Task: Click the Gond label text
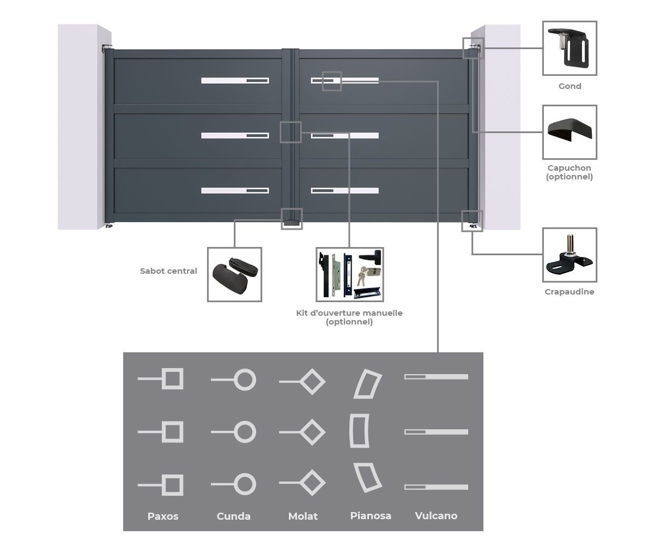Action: click(x=570, y=86)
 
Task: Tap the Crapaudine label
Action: click(x=569, y=292)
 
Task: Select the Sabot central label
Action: click(x=168, y=271)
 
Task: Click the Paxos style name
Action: click(x=163, y=516)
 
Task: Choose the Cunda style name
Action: click(x=234, y=516)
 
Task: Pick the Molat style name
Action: click(x=303, y=516)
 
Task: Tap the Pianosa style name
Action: click(x=371, y=515)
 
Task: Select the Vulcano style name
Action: click(x=436, y=515)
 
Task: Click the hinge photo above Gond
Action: click(x=570, y=49)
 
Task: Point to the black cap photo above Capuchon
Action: click(x=570, y=132)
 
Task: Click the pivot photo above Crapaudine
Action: click(x=570, y=255)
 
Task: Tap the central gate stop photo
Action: click(x=234, y=274)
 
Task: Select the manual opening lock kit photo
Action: click(x=350, y=274)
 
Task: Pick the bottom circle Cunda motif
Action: click(x=244, y=484)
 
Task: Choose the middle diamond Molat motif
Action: click(x=313, y=432)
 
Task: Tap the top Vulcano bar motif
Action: click(x=437, y=377)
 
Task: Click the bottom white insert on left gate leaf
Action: click(x=235, y=190)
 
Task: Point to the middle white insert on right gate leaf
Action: click(x=345, y=135)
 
